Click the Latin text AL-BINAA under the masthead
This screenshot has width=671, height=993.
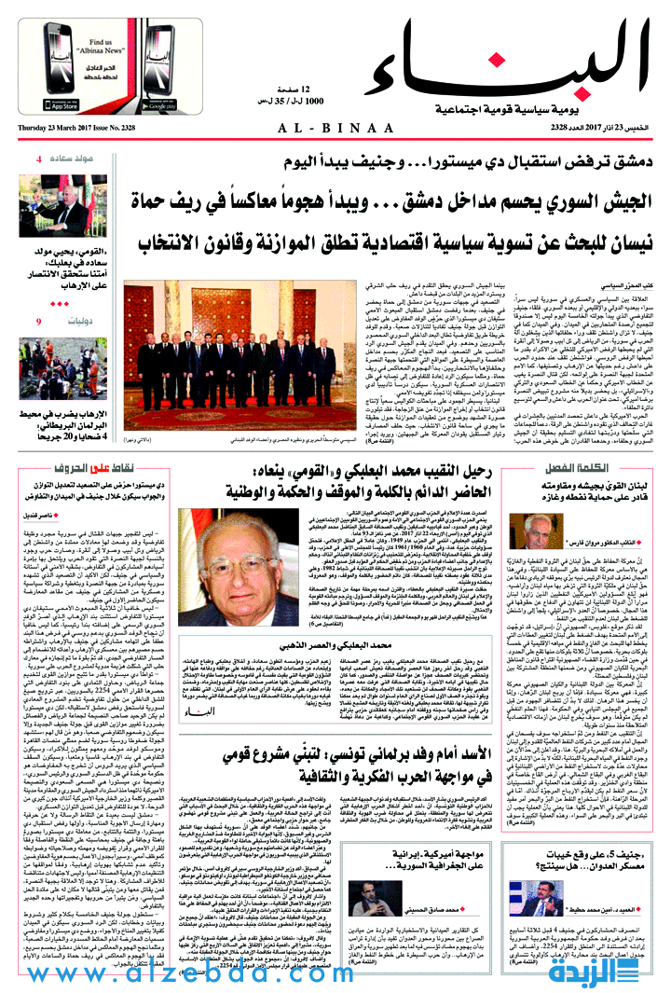coord(335,128)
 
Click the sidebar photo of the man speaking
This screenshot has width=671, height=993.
coord(55,206)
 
